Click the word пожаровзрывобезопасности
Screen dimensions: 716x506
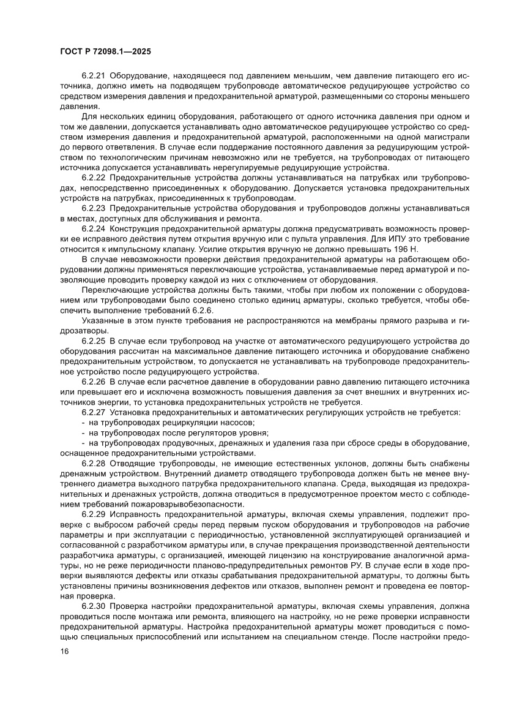185,505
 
